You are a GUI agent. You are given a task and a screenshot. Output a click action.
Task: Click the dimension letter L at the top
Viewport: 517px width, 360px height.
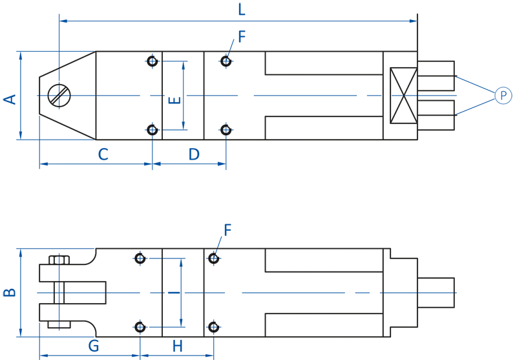(x=242, y=10)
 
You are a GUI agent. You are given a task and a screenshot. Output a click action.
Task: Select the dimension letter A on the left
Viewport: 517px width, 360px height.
(x=10, y=100)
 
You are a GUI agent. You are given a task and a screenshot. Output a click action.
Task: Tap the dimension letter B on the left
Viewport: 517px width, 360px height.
(x=10, y=292)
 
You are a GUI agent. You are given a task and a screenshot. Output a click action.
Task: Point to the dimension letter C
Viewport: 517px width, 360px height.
(x=103, y=154)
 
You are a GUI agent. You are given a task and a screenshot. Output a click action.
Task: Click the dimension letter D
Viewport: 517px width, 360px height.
(x=194, y=154)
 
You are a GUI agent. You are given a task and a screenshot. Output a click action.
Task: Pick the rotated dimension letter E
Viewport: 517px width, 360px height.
(x=174, y=100)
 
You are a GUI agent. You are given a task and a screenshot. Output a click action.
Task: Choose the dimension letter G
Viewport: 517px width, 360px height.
(x=94, y=346)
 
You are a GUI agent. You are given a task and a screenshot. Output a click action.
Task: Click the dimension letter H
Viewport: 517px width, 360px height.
(x=177, y=346)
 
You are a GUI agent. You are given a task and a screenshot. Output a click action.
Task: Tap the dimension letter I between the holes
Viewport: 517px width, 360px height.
(x=174, y=292)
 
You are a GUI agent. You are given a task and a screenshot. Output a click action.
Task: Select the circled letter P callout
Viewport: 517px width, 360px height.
(x=503, y=96)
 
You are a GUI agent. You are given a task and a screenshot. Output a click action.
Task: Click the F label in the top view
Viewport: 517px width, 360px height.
(x=242, y=37)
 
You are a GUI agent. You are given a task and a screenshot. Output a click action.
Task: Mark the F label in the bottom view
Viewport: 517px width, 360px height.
(x=227, y=230)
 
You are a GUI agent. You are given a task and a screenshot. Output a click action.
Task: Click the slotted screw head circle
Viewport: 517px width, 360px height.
(x=59, y=96)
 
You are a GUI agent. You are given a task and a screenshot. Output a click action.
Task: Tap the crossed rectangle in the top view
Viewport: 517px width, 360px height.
(x=403, y=96)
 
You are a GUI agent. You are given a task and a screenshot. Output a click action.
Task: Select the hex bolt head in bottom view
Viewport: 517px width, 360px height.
(x=59, y=260)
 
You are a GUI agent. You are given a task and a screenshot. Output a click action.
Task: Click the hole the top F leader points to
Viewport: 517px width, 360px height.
(x=226, y=61)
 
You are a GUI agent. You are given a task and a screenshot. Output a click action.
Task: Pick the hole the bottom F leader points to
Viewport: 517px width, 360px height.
(x=214, y=258)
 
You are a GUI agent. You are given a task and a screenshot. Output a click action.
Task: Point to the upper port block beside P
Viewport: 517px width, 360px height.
(x=436, y=76)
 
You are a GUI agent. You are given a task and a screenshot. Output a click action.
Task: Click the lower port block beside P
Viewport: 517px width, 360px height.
(x=436, y=115)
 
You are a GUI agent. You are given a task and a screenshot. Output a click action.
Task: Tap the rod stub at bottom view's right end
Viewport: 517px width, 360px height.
(x=436, y=293)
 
